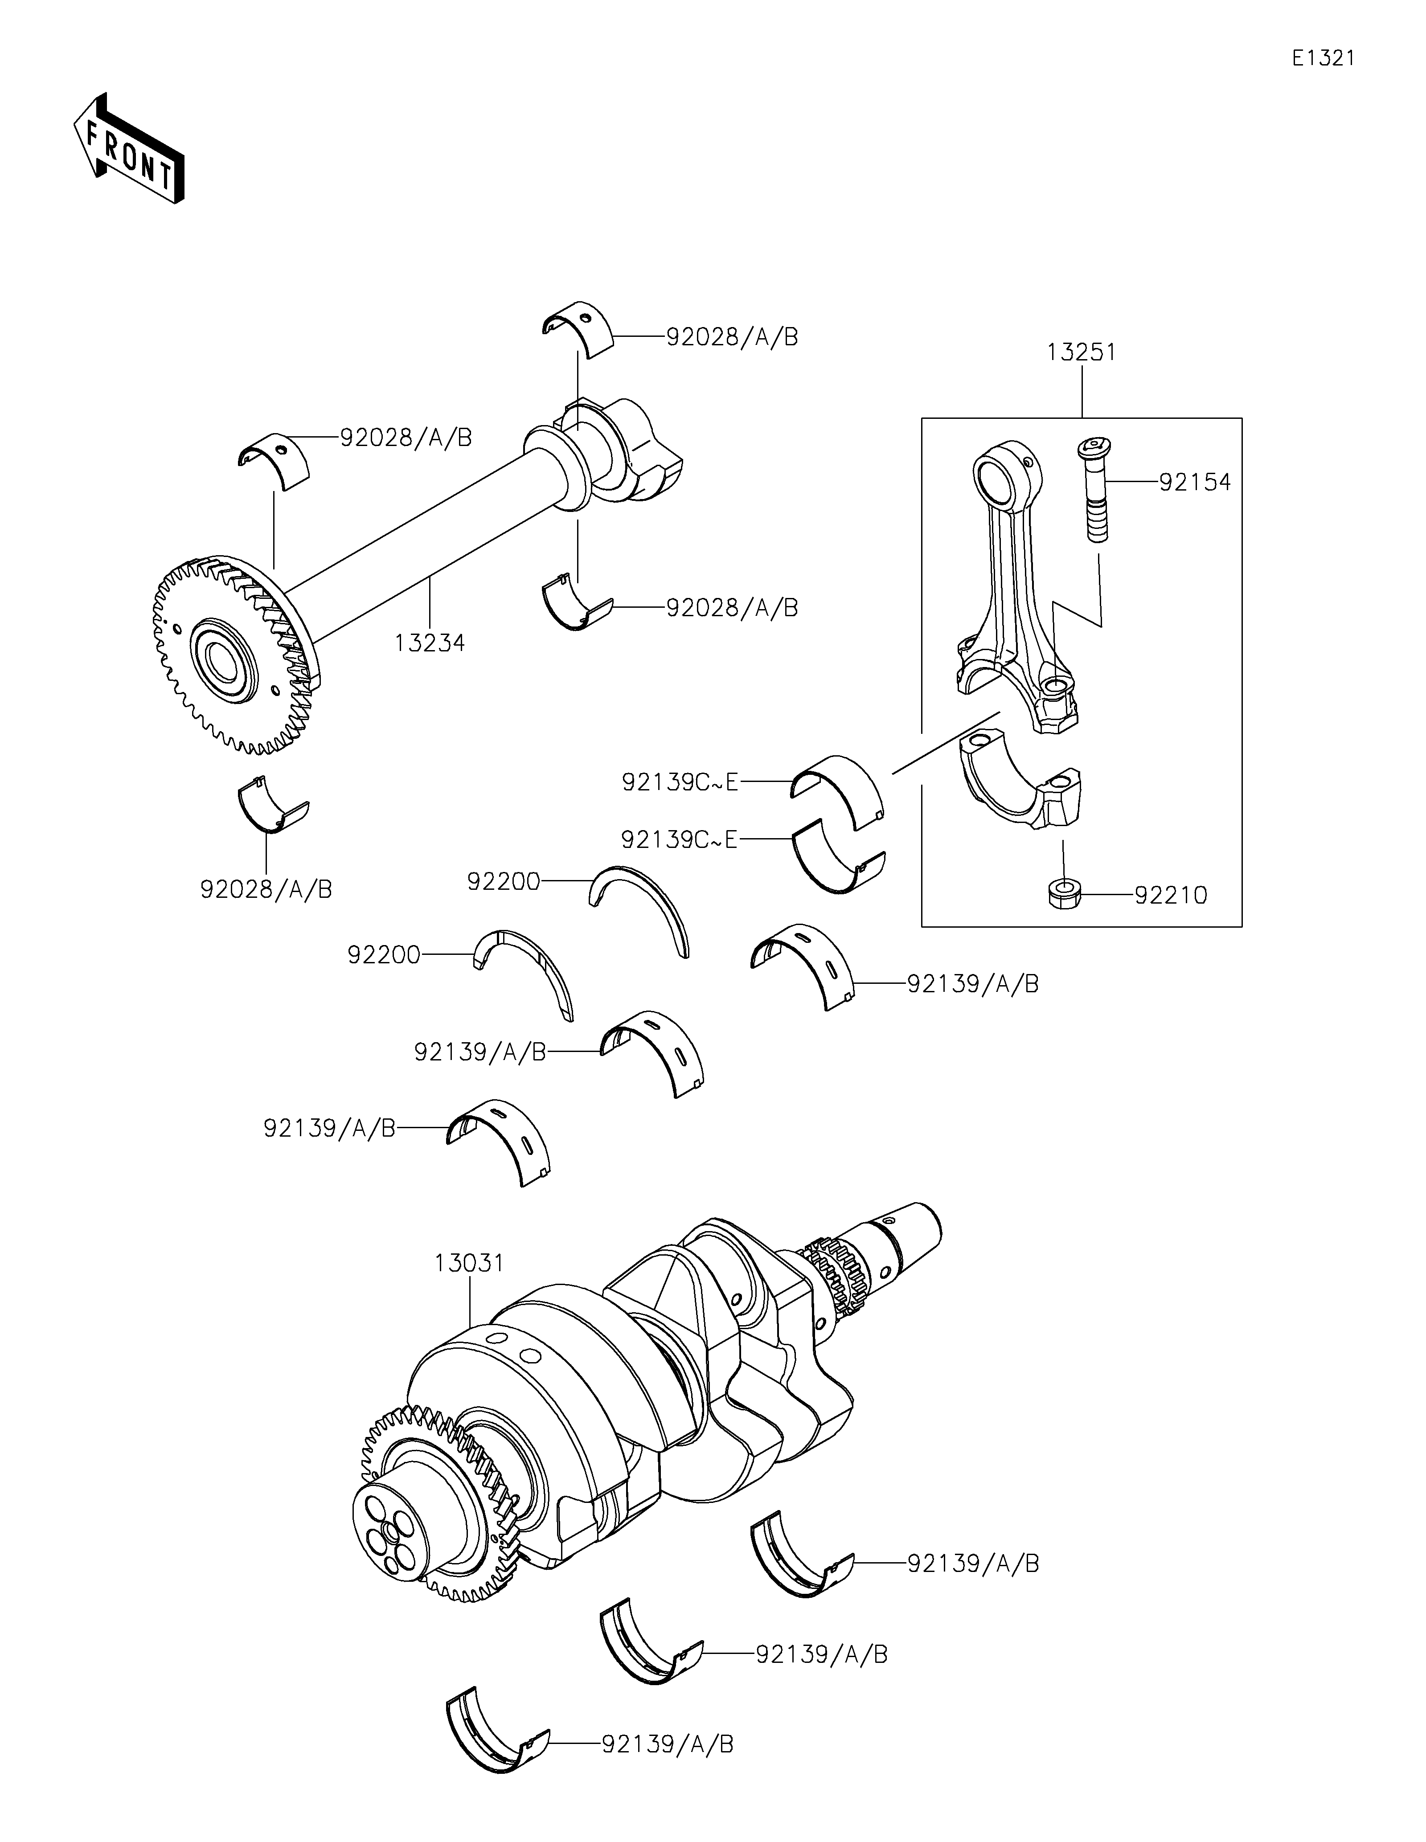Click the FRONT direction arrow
tap(129, 147)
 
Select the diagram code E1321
tap(1323, 58)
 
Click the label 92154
tap(1195, 483)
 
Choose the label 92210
tap(1172, 895)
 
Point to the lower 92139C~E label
tap(680, 839)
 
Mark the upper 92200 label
tap(504, 881)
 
